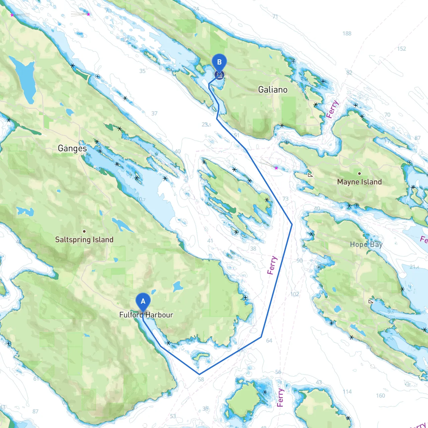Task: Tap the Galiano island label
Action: pos(273,90)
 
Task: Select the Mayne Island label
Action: pos(359,182)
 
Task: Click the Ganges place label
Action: pos(72,148)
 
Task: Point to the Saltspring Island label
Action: pos(84,239)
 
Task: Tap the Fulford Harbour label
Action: pos(146,315)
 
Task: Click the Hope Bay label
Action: pos(366,244)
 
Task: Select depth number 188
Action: pos(347,33)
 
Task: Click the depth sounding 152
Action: pos(402,49)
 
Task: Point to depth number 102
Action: pos(295,294)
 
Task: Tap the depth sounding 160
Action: pos(381,396)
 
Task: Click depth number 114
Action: pos(347,392)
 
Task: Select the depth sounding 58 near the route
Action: pos(201,380)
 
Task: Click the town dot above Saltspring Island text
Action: pos(84,231)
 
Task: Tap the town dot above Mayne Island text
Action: pos(359,174)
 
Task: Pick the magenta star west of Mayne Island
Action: pos(276,168)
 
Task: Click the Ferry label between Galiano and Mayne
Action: pos(332,109)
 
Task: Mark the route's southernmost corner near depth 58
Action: pos(199,374)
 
